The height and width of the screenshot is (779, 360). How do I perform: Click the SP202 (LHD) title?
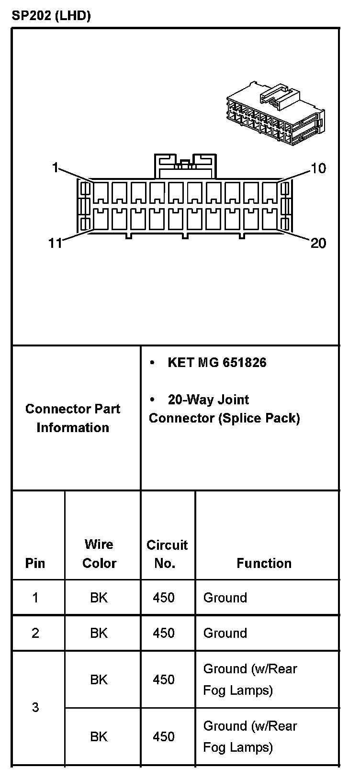tap(51, 16)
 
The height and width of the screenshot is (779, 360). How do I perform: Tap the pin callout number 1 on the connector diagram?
tap(55, 167)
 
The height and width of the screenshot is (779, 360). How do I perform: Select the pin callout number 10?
tap(318, 168)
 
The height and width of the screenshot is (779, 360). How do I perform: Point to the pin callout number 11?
tap(56, 243)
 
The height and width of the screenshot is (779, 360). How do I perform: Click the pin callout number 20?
tap(318, 244)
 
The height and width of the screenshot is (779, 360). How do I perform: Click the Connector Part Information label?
tap(73, 418)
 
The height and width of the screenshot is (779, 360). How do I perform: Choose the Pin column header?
tap(35, 563)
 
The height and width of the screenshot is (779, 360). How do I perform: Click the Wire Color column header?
tap(99, 554)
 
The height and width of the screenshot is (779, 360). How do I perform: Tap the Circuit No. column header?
tap(167, 554)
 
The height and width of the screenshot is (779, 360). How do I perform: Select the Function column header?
tap(264, 563)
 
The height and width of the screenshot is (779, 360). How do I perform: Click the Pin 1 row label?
tap(35, 598)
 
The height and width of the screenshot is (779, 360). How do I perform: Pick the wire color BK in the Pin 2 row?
tap(99, 633)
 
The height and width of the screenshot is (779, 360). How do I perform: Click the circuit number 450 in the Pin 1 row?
tap(164, 598)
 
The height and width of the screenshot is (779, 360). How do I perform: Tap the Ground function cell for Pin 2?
tap(225, 633)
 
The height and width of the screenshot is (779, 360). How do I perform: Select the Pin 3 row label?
tap(35, 707)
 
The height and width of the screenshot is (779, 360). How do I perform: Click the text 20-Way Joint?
tap(208, 400)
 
